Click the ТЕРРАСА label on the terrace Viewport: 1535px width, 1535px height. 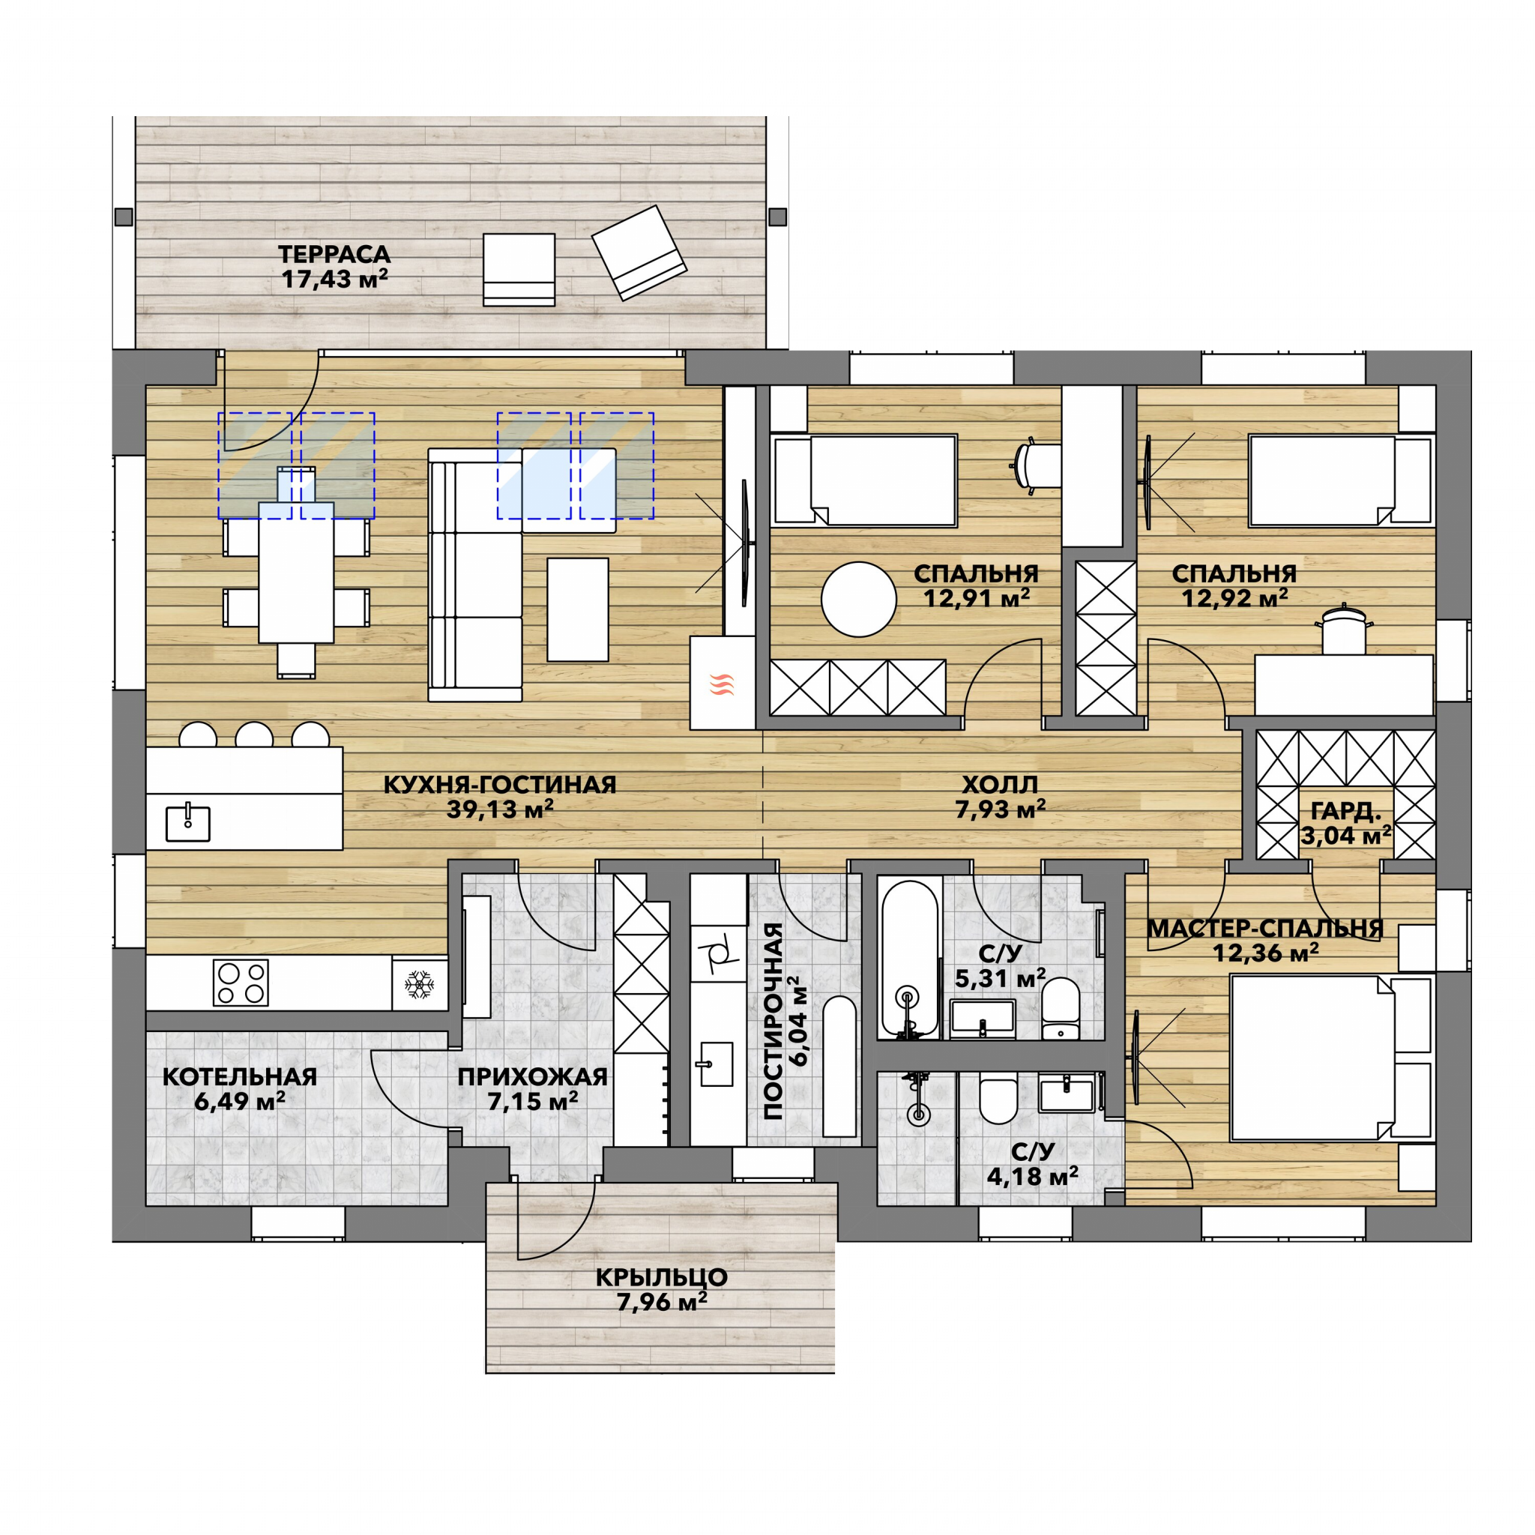(334, 254)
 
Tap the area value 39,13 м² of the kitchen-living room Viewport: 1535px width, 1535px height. (500, 809)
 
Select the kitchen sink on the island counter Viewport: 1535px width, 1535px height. (188, 822)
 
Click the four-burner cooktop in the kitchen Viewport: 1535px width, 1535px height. (241, 983)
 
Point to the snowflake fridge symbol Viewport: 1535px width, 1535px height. (419, 983)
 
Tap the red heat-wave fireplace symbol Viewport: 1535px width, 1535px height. (722, 684)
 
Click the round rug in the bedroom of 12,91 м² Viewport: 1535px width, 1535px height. (859, 599)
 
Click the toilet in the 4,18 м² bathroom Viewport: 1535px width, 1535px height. (998, 1097)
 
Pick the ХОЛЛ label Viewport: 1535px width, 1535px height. (1000, 785)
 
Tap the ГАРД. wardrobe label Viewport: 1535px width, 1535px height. (1346, 811)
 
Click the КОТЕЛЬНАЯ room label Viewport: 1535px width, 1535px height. (239, 1076)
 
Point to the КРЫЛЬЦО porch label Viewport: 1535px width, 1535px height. (661, 1278)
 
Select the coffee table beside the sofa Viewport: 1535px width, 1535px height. (578, 609)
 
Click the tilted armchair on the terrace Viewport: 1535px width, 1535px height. (639, 253)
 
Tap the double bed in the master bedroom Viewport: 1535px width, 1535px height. (1332, 1057)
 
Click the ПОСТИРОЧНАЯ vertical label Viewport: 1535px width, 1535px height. (773, 1021)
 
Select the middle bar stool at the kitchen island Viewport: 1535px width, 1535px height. (254, 735)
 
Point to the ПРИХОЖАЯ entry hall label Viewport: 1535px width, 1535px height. (532, 1076)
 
